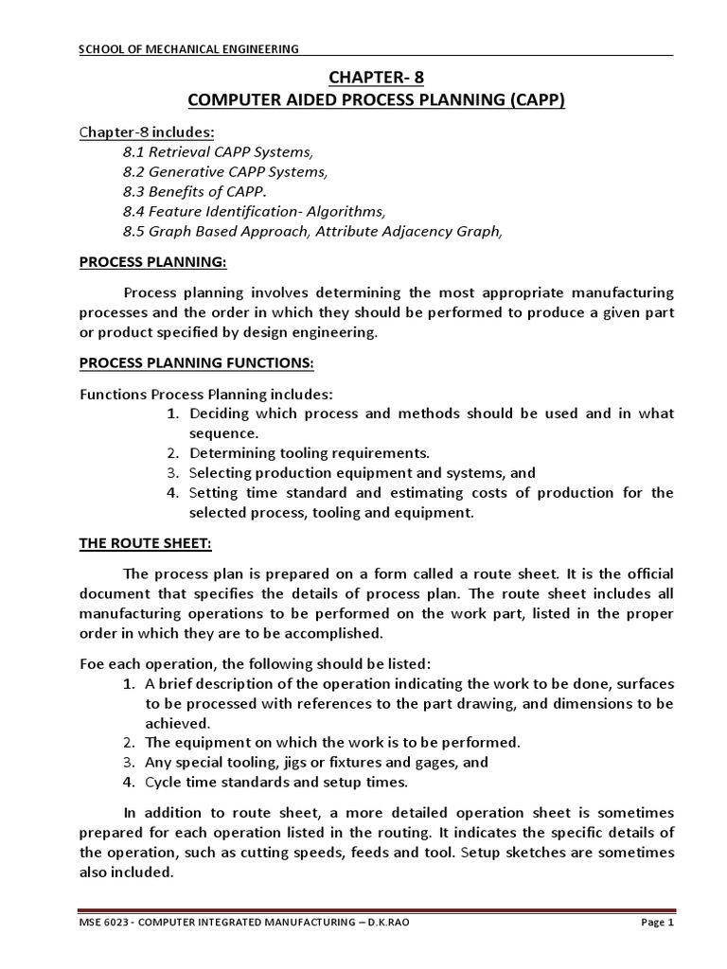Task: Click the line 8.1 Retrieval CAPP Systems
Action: click(217, 151)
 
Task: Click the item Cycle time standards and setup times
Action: click(276, 783)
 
